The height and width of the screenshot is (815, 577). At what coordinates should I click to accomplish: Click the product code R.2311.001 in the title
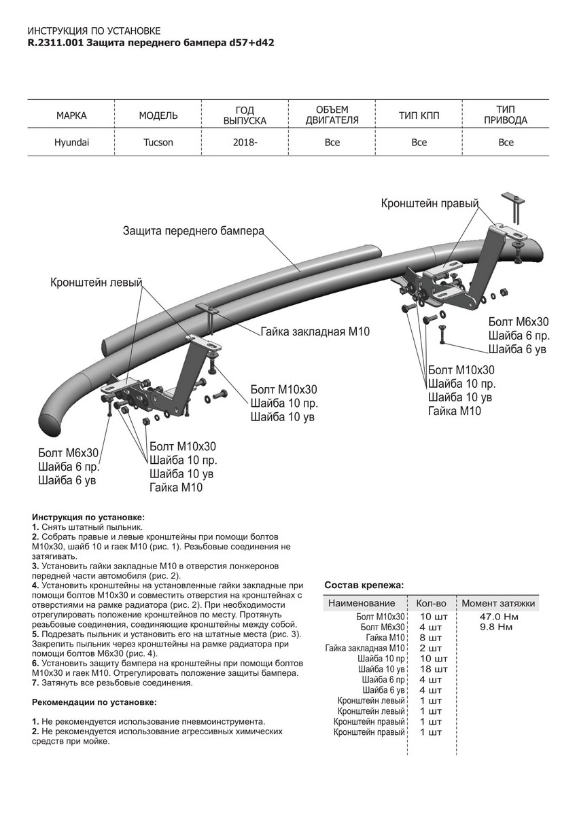[x=56, y=42]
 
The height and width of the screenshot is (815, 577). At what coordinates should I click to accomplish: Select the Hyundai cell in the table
[x=71, y=143]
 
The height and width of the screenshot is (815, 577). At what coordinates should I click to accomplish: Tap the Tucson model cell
[x=158, y=143]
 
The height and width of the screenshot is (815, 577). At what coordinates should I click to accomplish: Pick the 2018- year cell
[x=245, y=143]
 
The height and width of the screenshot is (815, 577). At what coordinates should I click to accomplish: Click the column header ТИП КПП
[x=419, y=115]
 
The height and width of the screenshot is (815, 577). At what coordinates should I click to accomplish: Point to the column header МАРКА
[x=71, y=115]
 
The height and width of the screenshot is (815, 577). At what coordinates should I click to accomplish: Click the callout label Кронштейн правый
[x=430, y=203]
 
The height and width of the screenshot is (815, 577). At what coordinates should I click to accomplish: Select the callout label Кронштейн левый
[x=96, y=282]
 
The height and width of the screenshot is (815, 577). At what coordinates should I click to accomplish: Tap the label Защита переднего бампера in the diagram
[x=193, y=230]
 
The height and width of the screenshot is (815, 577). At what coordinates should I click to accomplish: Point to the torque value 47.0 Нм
[x=499, y=617]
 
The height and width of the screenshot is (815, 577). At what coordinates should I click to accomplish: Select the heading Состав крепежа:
[x=364, y=584]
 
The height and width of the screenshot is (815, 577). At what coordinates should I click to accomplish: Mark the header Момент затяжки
[x=498, y=603]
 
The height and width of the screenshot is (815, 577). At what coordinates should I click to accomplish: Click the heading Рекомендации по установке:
[x=94, y=702]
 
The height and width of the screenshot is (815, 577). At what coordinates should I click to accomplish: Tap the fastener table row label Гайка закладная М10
[x=365, y=648]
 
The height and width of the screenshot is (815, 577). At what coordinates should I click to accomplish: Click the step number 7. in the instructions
[x=35, y=683]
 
